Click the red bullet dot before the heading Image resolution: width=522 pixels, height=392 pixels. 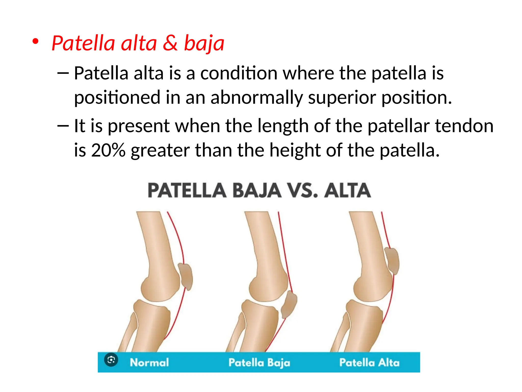[35, 42]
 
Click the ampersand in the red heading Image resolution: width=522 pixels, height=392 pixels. [170, 43]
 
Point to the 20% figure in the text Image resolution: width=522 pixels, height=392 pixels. [108, 150]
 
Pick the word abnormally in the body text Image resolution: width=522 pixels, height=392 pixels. [257, 98]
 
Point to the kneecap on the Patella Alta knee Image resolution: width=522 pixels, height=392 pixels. [392, 261]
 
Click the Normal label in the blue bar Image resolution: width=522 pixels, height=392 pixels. [149, 362]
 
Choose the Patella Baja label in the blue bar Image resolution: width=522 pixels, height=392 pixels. [259, 363]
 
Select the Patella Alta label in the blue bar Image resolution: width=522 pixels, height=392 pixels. [369, 362]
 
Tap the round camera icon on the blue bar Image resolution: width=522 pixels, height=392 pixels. [111, 360]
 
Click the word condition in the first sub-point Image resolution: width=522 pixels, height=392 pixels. [239, 73]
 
